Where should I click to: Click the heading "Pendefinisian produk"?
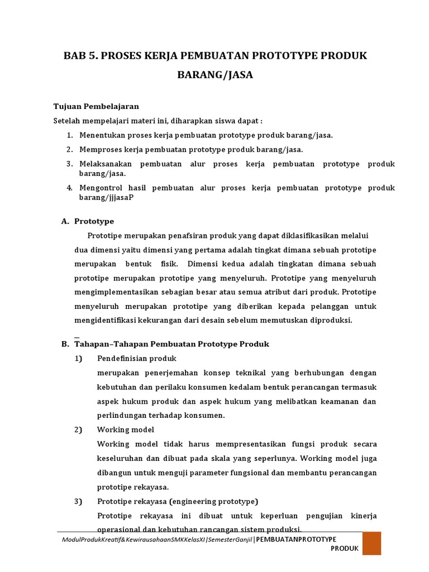[137, 358]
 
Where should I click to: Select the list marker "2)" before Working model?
[78, 430]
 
